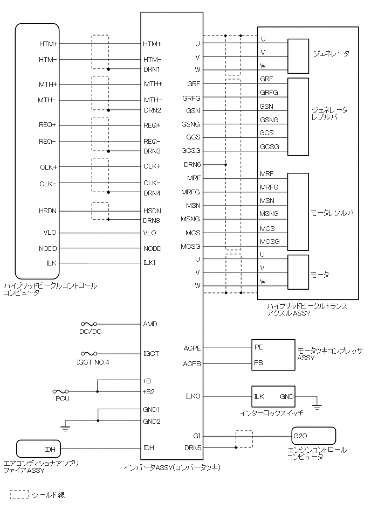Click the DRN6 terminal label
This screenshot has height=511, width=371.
coord(192,165)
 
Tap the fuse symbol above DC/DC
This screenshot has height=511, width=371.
coord(89,324)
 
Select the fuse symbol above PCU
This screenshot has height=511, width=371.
coord(61,391)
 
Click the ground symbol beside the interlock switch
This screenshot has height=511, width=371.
coord(317,406)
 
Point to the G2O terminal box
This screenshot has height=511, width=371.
coord(313,436)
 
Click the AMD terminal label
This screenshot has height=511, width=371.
coord(150,324)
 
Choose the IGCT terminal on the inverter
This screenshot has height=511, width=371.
coord(152,354)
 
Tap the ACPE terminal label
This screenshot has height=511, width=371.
coord(192,348)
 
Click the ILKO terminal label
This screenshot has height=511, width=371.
coord(193,396)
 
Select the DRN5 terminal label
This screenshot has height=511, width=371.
coord(193,448)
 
